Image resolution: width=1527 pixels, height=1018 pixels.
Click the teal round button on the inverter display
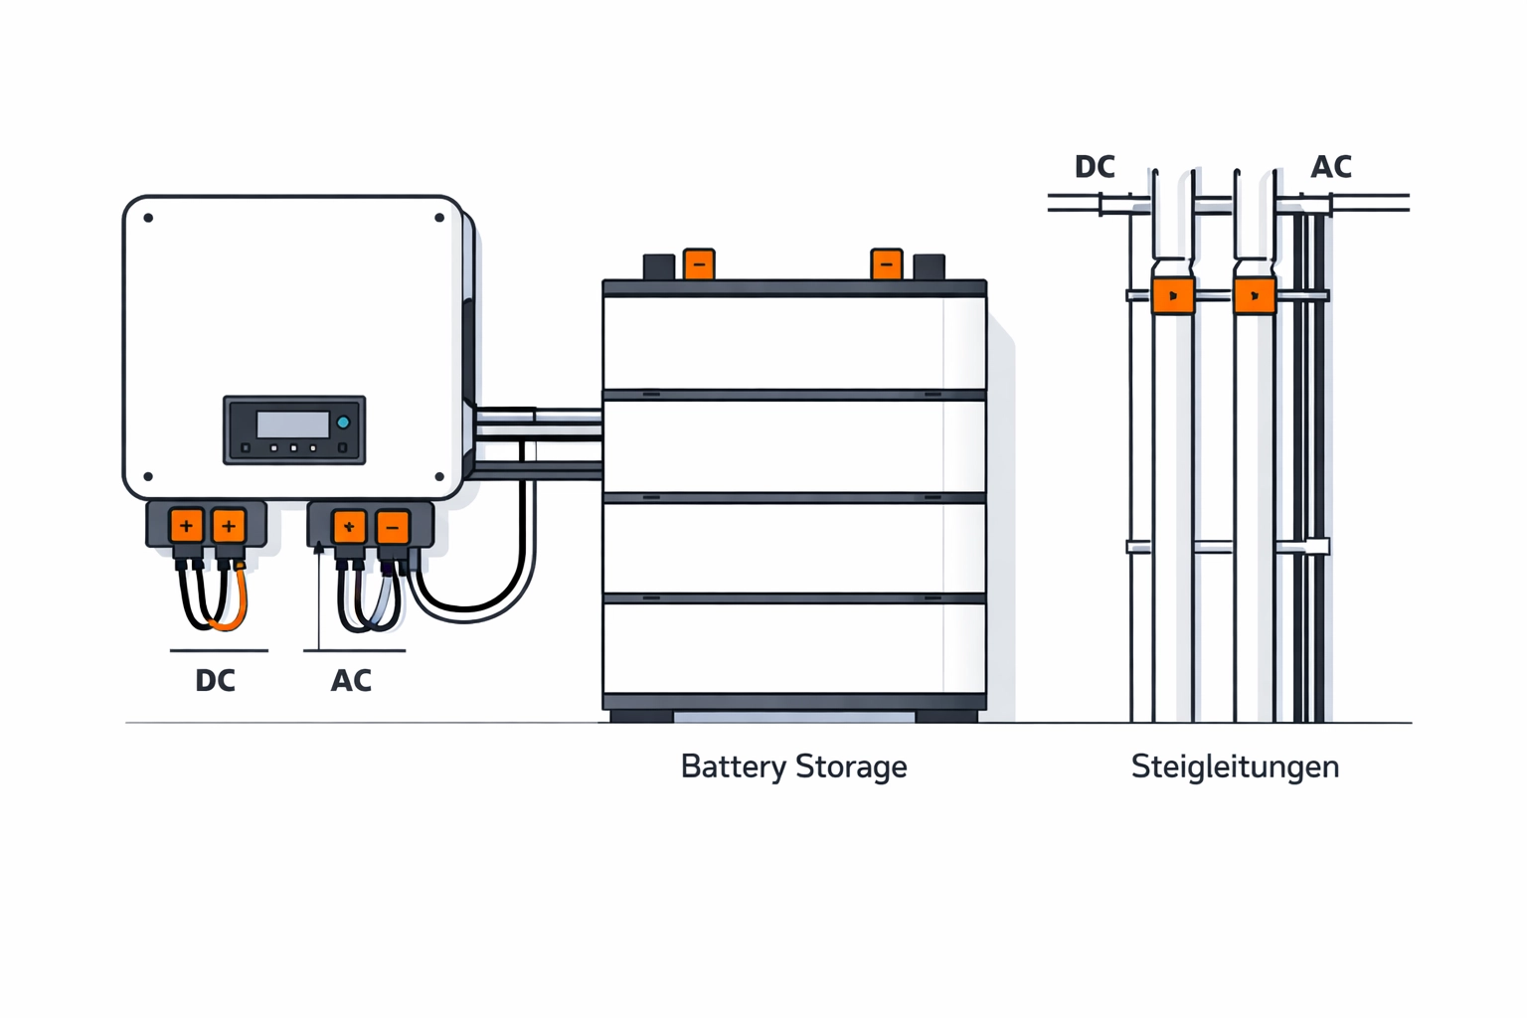point(343,423)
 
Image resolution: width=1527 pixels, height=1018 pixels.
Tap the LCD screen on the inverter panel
point(292,424)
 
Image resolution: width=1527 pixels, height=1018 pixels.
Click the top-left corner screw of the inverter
point(148,218)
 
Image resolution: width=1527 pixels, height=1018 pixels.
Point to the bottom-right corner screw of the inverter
point(439,477)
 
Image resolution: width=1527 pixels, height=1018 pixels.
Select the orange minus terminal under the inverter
point(393,527)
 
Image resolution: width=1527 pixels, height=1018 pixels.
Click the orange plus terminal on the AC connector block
point(349,527)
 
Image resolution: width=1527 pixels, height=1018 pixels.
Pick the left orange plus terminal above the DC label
point(186,526)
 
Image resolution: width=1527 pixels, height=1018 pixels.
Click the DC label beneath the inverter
point(215,681)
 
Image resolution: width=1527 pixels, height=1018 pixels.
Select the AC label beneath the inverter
point(351,681)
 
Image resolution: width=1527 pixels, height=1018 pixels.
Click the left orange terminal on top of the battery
point(699,264)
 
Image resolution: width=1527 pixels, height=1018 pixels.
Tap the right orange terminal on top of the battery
point(886,264)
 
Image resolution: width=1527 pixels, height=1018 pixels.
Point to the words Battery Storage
point(793,766)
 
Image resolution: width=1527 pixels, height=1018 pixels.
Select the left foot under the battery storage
point(641,716)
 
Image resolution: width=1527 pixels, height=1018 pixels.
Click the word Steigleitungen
point(1235,766)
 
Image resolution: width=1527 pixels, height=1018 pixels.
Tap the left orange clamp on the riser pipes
point(1173,296)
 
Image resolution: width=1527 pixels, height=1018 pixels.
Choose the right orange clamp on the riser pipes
point(1255,296)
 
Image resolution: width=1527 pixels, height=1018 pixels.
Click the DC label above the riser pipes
point(1095,167)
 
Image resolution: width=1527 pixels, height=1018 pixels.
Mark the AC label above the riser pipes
point(1331,167)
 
